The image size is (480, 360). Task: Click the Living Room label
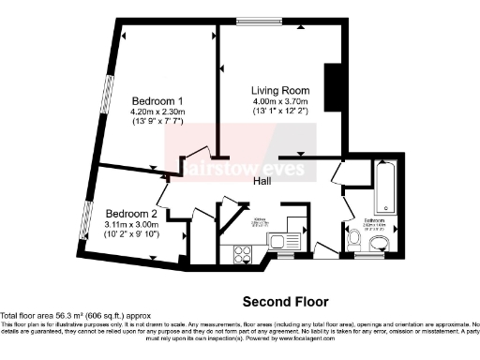pyautogui.click(x=280, y=90)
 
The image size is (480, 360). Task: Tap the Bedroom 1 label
pyautogui.click(x=157, y=100)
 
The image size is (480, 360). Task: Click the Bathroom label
pyautogui.click(x=374, y=222)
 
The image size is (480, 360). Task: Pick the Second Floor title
pyautogui.click(x=286, y=302)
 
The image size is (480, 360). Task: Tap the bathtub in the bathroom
pyautogui.click(x=384, y=188)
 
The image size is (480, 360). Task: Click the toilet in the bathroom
pyautogui.click(x=353, y=243)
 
